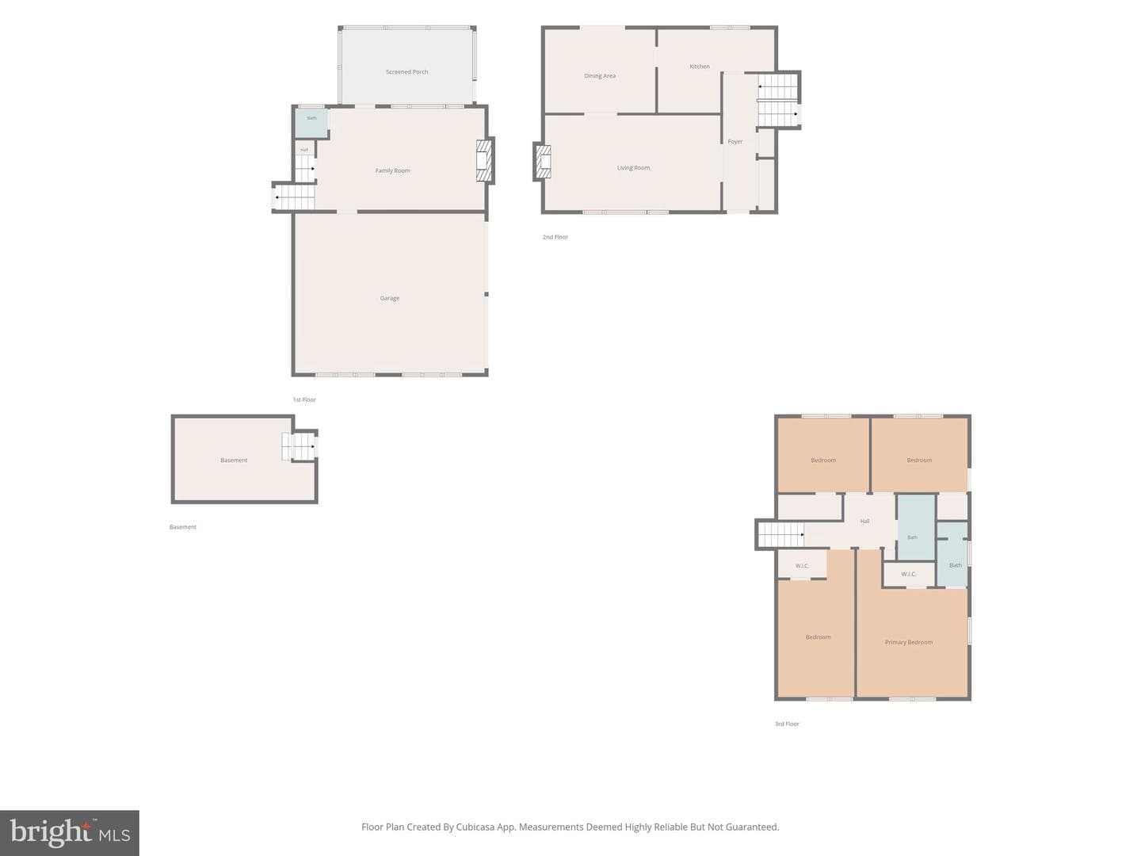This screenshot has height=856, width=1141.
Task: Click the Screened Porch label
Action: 406,71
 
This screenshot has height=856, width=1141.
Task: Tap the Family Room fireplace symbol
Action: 484,160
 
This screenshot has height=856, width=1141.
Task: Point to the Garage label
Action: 389,298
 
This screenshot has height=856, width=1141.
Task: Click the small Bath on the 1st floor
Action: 311,122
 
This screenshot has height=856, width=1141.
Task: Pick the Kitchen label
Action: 699,67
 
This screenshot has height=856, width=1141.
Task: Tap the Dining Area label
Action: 599,76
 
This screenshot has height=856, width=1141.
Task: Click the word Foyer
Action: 735,141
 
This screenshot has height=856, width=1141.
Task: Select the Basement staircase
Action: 299,446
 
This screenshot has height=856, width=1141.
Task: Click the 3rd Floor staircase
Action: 780,534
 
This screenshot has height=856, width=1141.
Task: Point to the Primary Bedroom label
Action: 908,642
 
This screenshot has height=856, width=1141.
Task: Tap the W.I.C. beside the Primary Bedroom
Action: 908,575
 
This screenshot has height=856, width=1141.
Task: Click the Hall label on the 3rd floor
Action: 864,521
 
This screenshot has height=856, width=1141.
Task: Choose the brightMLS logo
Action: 70,832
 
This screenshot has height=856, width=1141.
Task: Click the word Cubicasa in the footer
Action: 476,827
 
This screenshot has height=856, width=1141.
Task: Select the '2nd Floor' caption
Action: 555,237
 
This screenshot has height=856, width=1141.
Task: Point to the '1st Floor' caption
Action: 304,399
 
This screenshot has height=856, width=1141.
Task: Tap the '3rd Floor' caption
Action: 787,724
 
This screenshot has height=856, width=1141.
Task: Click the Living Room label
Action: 633,168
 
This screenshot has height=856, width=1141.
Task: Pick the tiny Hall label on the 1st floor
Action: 304,150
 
